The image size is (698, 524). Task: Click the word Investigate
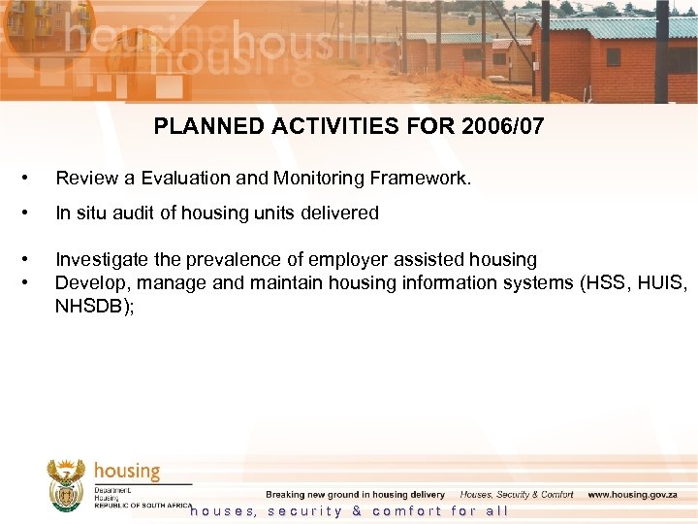pyautogui.click(x=100, y=260)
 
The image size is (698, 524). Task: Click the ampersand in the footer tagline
pyautogui.click(x=358, y=511)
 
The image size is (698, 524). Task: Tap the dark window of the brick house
pyautogui.click(x=613, y=57)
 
